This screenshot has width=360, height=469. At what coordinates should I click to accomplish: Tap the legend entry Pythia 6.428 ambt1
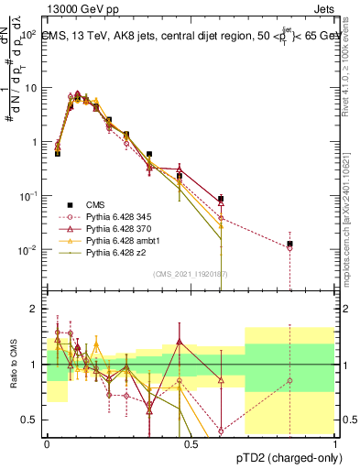point(118,240)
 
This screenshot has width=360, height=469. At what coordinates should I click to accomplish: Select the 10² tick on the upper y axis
point(29,34)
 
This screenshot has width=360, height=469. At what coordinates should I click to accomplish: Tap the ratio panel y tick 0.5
point(31,420)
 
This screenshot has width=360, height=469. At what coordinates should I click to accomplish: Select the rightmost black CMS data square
point(289,244)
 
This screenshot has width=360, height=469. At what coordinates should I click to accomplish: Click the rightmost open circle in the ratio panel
point(289,380)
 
